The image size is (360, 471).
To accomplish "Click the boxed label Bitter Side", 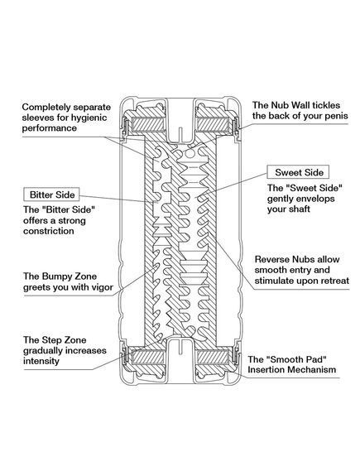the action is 51,195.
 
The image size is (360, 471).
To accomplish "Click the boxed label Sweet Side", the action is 299,172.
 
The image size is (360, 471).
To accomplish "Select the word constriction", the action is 48,231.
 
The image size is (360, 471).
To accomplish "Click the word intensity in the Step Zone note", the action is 41,361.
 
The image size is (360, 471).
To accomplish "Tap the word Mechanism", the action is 312,369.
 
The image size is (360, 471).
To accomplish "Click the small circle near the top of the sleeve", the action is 190,153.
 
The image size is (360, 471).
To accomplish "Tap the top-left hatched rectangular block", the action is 148,125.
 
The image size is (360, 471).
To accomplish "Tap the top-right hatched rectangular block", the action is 213,125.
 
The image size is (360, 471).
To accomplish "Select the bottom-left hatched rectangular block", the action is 148,357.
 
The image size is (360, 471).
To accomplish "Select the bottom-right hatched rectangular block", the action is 213,357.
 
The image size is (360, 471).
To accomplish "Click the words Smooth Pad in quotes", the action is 287,359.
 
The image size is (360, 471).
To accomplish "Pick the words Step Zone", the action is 64,340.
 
